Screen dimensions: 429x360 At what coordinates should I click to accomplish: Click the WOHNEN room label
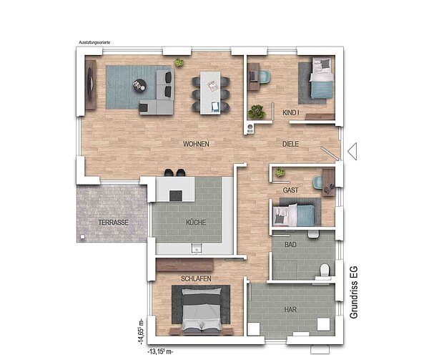point(196,144)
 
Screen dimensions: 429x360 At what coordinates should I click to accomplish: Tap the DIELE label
point(290,144)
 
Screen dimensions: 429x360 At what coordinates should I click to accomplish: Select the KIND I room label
point(290,112)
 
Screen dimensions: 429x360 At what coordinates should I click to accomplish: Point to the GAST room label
point(290,190)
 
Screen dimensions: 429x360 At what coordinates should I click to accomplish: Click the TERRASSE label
point(113,223)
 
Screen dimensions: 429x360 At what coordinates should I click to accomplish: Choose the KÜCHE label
point(196,223)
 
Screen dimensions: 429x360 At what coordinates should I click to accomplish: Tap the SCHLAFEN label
point(196,278)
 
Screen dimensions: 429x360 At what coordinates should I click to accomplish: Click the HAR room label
point(290,310)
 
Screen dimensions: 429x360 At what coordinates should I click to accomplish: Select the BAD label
point(290,245)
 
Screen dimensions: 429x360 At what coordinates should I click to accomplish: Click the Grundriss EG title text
point(353,293)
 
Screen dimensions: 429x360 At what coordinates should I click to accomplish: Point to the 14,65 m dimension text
point(141,331)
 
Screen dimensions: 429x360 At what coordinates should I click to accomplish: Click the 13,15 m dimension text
point(160,351)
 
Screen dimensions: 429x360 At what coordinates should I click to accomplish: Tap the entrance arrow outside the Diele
point(352,152)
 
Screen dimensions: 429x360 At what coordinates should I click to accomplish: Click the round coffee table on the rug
point(139,85)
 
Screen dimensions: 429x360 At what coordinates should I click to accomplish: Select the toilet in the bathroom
point(325,270)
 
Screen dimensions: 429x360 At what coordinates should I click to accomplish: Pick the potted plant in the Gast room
point(280,172)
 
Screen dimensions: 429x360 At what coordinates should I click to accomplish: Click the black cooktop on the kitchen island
point(176,196)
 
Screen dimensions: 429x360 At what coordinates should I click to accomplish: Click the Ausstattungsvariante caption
point(94,42)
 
